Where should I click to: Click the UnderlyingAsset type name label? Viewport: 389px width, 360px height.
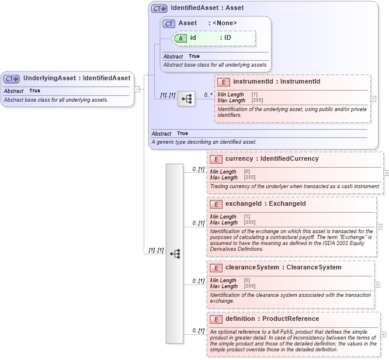tap(76, 78)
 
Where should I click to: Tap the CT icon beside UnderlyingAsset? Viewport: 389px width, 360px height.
tap(12, 78)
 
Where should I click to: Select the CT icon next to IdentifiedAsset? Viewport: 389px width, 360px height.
tap(159, 8)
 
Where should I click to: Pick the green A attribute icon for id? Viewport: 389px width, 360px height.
tap(181, 38)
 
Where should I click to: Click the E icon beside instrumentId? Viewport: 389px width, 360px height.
tap(224, 82)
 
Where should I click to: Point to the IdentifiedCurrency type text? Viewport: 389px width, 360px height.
tap(290, 159)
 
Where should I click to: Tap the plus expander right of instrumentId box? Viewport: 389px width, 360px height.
tap(373, 99)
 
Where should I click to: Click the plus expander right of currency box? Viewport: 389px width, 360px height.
tap(385, 173)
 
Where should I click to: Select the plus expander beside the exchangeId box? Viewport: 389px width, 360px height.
tap(379, 226)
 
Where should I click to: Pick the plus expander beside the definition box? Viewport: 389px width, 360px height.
tap(383, 334)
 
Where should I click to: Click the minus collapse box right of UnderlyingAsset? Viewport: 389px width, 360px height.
tap(137, 89)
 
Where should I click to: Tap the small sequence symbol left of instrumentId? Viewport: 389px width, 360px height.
tap(186, 99)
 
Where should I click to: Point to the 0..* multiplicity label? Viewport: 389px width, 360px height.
tap(208, 95)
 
